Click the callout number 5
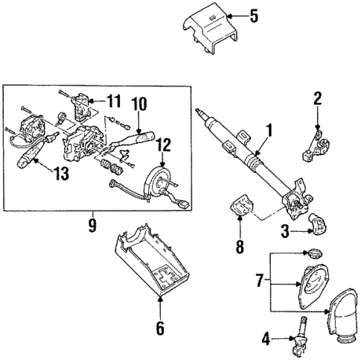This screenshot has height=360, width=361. (x=253, y=14)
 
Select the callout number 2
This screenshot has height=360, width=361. (x=317, y=97)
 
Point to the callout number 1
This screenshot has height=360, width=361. (x=269, y=130)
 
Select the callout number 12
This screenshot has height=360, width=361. (x=164, y=145)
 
